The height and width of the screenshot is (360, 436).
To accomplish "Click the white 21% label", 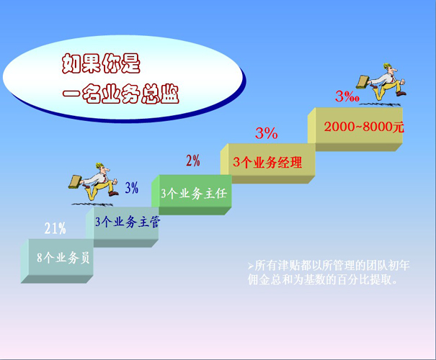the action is click(55, 228).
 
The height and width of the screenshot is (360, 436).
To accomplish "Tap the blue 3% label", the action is click(132, 188).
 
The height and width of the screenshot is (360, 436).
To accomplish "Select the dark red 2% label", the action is click(193, 161).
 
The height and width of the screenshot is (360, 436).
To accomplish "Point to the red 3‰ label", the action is click(347, 96).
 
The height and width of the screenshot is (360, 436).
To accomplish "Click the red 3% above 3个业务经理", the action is click(267, 133).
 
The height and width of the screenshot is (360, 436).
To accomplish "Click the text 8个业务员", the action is click(63, 258).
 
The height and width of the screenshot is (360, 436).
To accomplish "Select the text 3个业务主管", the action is click(128, 222).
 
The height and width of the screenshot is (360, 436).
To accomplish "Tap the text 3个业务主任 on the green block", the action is click(194, 194).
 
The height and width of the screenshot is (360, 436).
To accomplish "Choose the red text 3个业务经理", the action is click(267, 162).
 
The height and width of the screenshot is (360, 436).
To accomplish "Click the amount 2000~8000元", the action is click(364, 127).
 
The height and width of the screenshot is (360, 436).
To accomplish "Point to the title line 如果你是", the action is click(101, 64).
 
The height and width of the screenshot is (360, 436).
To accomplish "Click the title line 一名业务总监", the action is click(120, 94).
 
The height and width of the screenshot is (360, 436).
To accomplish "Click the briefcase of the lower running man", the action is click(75, 182).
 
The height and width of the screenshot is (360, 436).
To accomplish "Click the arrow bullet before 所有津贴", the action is click(251, 266).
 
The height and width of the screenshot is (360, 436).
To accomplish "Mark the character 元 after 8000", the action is click(398, 127).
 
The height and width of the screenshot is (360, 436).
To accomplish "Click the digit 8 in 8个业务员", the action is click(40, 258).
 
